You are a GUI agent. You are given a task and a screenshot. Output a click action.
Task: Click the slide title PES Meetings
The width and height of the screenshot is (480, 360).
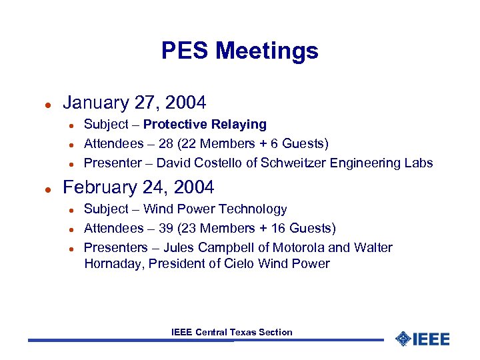click(239, 51)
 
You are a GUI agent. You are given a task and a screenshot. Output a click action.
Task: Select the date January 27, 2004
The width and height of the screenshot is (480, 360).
click(134, 103)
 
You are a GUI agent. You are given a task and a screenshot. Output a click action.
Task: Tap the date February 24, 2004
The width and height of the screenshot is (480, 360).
click(138, 187)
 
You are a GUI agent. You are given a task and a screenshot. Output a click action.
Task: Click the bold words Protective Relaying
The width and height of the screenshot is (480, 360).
click(205, 125)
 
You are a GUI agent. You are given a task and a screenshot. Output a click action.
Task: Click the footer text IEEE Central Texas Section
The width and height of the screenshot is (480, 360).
click(231, 332)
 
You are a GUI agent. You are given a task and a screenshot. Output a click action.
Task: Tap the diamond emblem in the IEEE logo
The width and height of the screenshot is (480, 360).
click(403, 339)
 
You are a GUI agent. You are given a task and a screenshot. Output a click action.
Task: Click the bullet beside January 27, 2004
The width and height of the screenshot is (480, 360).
click(47, 104)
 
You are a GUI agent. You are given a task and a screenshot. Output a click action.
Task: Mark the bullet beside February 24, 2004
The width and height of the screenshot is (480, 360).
click(47, 189)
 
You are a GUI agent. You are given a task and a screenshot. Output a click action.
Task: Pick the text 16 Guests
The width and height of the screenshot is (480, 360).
click(305, 229)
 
